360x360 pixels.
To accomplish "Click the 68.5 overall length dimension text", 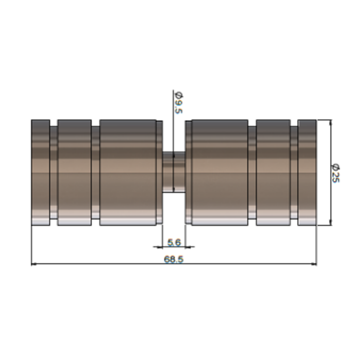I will (174, 259).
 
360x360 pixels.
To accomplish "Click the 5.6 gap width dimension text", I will (174, 242).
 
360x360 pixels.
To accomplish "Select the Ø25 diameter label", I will (335, 173).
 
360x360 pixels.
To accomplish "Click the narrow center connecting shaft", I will (174, 172).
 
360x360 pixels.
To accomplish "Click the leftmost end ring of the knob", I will (40, 172).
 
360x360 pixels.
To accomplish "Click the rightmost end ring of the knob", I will (307, 172).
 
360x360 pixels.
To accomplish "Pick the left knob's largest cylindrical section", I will (128, 172).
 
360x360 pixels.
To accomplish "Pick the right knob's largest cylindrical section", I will (220, 172).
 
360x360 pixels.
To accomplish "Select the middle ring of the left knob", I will (74, 172).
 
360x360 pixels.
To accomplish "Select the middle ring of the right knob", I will (273, 172).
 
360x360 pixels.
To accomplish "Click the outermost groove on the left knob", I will (54, 172).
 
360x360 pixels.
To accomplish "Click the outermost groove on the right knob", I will (294, 172).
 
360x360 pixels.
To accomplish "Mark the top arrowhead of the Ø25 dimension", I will (331, 122).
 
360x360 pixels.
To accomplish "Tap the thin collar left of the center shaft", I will (159, 172).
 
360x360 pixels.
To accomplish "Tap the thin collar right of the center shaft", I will (188, 172).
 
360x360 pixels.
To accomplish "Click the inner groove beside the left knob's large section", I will (95, 172).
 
